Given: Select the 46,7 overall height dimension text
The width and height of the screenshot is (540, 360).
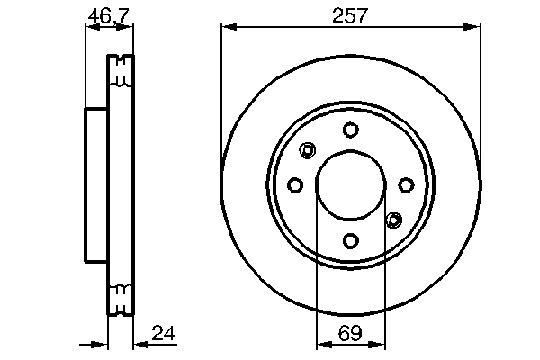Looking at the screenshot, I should click(x=107, y=14).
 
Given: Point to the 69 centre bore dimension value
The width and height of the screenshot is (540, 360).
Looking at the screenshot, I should click(x=350, y=332).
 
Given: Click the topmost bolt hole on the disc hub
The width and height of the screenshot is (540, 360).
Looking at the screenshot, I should click(x=351, y=130).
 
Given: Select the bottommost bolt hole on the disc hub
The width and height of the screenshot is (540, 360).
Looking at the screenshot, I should click(x=351, y=240).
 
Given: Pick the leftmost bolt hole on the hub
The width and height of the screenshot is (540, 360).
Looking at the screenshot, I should click(x=295, y=185).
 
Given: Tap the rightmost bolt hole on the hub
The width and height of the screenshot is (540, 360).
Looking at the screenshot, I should click(x=406, y=185).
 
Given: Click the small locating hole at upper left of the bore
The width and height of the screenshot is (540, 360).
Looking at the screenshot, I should click(x=309, y=150).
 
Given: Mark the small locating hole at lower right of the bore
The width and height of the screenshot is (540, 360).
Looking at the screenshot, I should click(x=393, y=220).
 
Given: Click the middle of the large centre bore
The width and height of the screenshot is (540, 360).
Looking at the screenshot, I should click(x=351, y=185).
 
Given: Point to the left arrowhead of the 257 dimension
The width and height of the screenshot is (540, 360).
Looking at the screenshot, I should click(x=227, y=28).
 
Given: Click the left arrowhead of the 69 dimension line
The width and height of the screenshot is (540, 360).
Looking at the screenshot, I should click(x=322, y=344).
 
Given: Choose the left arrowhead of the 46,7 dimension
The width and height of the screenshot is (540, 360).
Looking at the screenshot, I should click(x=90, y=28).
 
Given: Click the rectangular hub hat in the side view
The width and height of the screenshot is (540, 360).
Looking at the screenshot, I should click(x=96, y=185).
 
